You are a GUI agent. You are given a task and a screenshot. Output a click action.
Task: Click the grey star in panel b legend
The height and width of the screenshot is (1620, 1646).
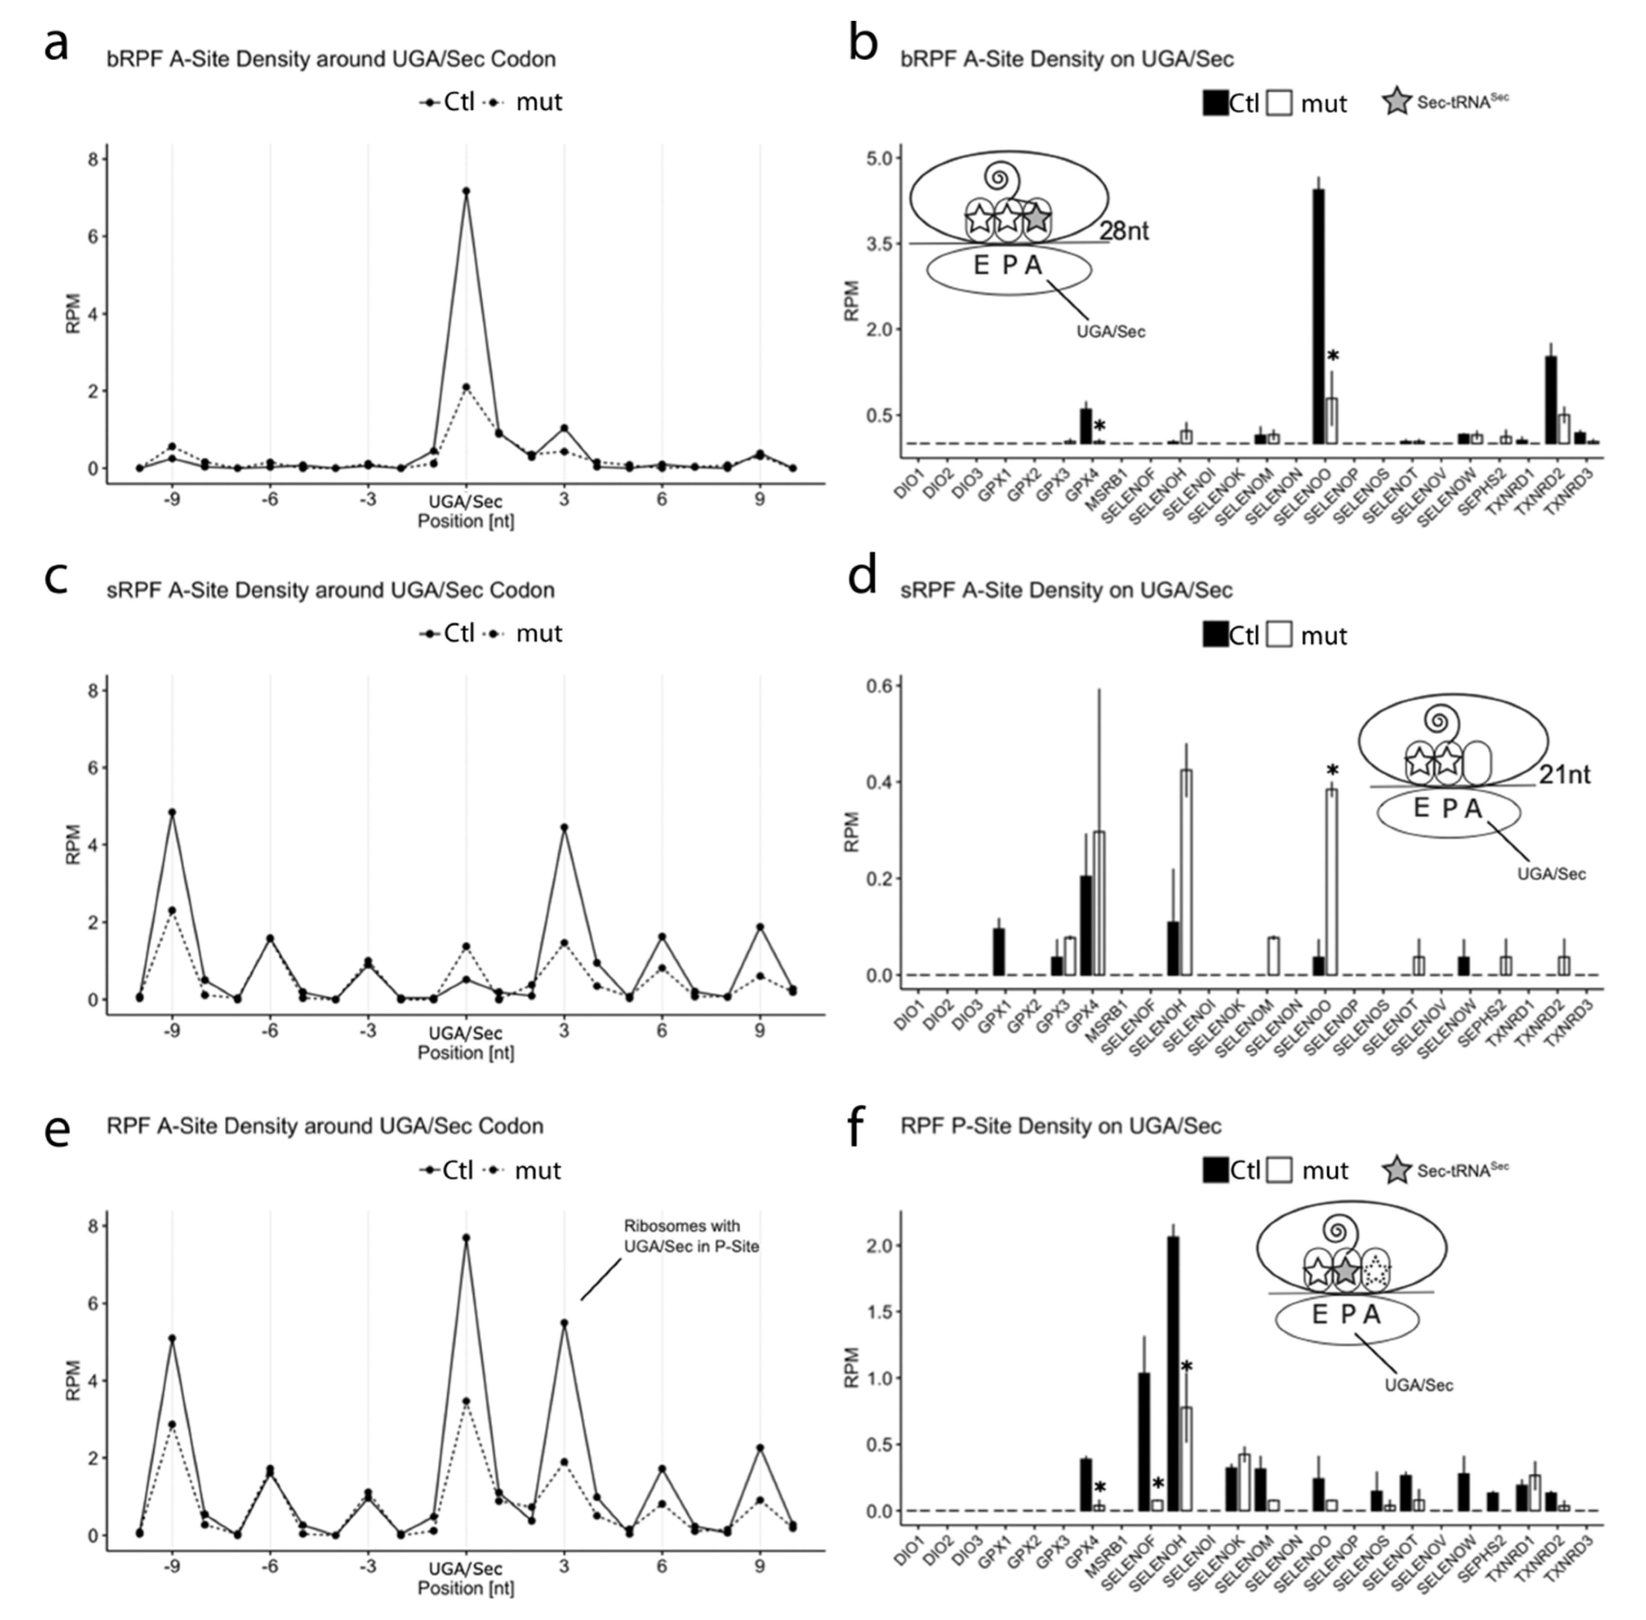tap(1396, 103)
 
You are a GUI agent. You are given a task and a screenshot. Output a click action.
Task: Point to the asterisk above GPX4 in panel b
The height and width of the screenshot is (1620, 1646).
tap(1099, 426)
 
